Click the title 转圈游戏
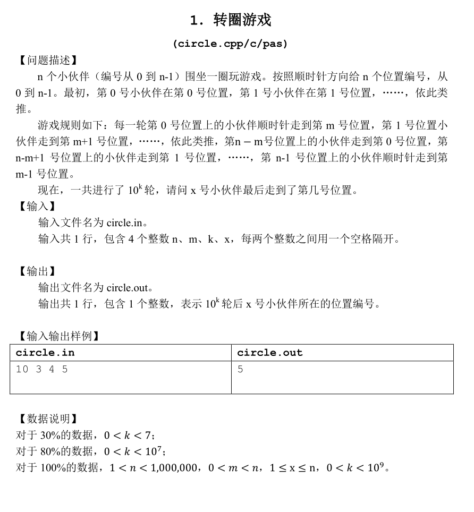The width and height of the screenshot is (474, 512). (x=242, y=20)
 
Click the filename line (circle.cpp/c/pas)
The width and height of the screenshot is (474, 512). (x=230, y=44)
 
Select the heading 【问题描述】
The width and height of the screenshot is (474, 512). (x=45, y=61)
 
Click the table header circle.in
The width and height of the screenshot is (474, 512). (x=45, y=353)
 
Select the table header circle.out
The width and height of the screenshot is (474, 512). (x=269, y=353)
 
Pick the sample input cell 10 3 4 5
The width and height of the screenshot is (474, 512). (x=42, y=369)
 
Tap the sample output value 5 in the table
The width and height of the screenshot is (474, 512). (x=240, y=369)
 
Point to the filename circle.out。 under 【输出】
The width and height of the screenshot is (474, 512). (x=130, y=288)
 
